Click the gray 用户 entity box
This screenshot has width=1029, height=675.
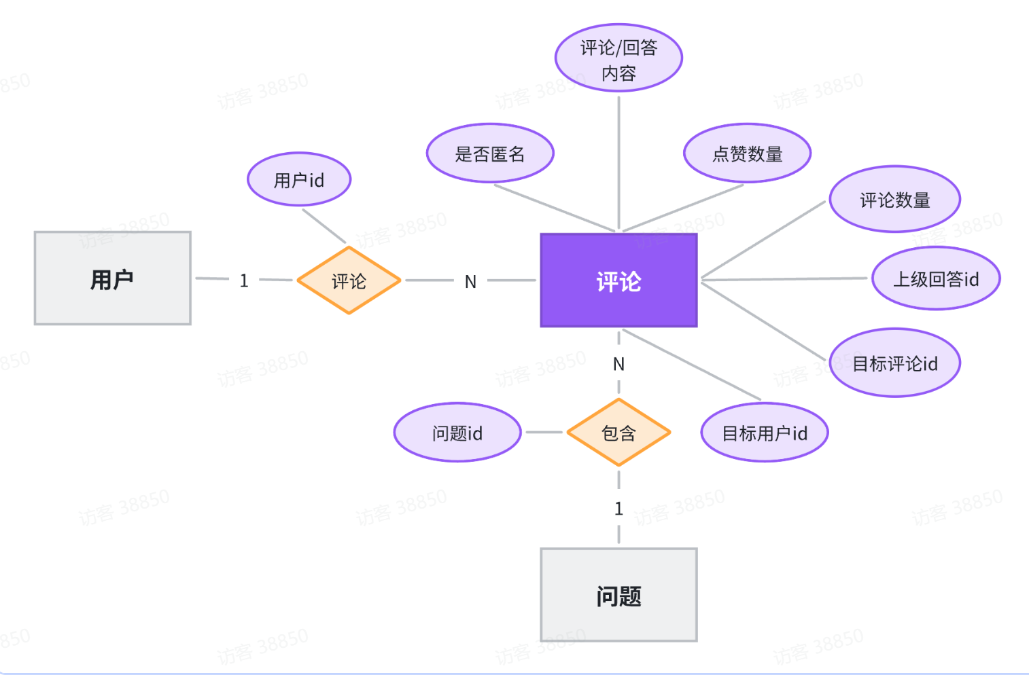(x=113, y=278)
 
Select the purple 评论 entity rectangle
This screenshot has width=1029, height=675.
(x=618, y=280)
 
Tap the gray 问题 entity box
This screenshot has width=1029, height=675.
(x=618, y=595)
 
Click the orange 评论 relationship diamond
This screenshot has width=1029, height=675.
(x=349, y=280)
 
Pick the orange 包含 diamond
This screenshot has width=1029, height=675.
(x=618, y=433)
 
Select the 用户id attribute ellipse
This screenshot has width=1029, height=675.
(x=299, y=180)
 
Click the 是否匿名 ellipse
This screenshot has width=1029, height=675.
(x=490, y=154)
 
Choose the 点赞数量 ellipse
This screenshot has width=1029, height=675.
(x=747, y=154)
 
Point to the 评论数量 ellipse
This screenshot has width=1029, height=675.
(x=894, y=200)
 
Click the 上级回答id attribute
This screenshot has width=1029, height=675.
(x=936, y=278)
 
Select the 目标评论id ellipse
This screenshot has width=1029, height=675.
(x=894, y=363)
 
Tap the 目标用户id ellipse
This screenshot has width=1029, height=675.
(x=765, y=433)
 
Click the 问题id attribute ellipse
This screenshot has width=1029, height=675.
(x=457, y=433)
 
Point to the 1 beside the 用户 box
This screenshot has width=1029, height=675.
(x=244, y=280)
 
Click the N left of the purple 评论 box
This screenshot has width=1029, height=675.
(x=470, y=282)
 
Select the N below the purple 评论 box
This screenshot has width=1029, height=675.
(x=618, y=364)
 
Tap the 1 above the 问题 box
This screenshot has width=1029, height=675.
(x=618, y=509)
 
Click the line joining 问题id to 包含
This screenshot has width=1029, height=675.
(x=544, y=432)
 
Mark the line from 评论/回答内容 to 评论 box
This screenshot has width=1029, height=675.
(x=618, y=163)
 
